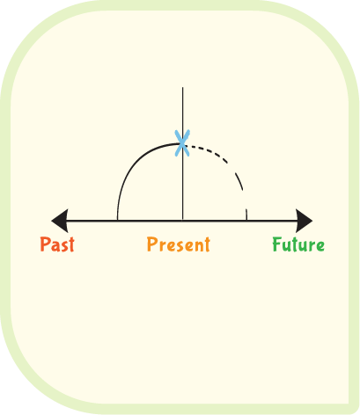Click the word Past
pos(57,244)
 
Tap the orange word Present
pos(179,244)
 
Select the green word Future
pos(298,244)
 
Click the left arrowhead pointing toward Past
pos(60,221)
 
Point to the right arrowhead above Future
pos(305,221)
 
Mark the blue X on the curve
pos(182,143)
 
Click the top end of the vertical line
pos(183,87)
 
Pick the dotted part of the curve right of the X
pos(209,152)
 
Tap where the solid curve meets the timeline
pos(117,220)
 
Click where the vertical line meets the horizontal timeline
pos(183,221)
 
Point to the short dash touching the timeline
pos(246,215)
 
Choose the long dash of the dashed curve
pos(239,182)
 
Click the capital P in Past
pos(45,244)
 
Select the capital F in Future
pos(277,244)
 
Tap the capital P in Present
pos(151,244)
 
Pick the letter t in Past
pos(70,244)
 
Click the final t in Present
pos(207,244)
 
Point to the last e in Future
pos(320,246)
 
